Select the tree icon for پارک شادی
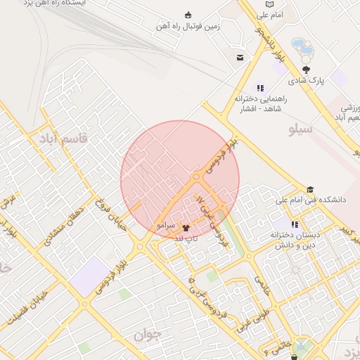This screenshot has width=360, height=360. (306, 70)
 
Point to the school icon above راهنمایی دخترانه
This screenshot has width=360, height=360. (260, 89)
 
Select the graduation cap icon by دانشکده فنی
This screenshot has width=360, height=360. (310, 189)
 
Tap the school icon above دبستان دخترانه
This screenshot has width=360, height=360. (294, 224)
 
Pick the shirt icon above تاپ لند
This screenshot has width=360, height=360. (186, 227)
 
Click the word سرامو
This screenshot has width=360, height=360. (165, 225)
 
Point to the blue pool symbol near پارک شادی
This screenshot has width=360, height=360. (302, 48)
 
